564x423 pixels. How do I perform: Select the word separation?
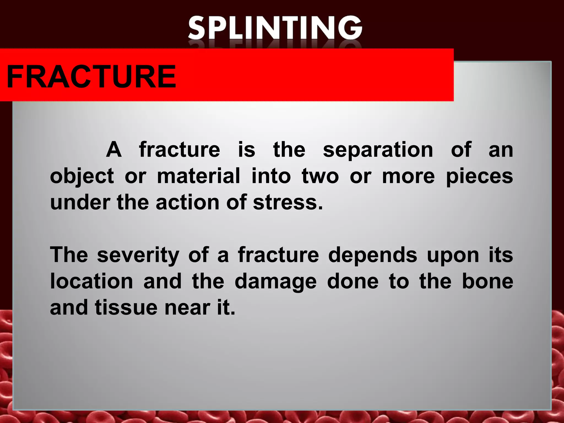tap(378, 150)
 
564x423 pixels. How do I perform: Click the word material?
tap(198, 176)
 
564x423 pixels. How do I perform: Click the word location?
tap(91, 281)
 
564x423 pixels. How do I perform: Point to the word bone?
tap(487, 281)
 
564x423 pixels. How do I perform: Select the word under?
tap(80, 203)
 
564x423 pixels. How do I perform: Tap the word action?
tap(188, 203)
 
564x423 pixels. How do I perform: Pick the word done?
tap(353, 281)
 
